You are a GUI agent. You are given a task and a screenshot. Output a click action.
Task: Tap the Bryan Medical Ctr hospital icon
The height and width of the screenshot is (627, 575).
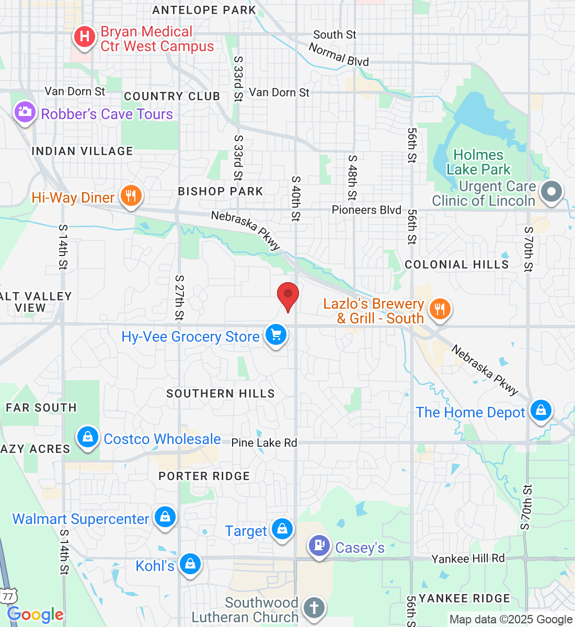84,37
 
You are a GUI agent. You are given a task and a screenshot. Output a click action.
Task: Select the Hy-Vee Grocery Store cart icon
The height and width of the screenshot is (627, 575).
276,334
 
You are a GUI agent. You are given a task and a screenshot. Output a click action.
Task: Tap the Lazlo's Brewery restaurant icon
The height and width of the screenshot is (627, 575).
440,308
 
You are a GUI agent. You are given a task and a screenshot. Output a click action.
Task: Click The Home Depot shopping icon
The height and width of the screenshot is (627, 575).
540,410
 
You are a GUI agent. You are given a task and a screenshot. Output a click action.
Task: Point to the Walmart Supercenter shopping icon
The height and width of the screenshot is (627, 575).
165,517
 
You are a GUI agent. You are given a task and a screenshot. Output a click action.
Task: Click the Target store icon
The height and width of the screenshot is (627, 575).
282,529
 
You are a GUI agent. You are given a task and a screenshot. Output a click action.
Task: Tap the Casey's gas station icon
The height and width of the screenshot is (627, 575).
319,546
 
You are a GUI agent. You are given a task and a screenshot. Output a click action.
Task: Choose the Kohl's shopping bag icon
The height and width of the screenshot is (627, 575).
190,564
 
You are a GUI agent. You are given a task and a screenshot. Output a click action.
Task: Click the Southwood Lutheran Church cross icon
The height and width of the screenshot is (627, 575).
314,608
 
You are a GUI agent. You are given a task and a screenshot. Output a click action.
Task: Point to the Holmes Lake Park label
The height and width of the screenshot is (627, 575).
478,162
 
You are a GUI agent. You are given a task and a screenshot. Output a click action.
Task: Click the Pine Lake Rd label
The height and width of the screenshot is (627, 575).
264,443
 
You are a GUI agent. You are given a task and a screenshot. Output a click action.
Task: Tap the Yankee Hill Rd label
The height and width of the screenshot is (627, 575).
468,559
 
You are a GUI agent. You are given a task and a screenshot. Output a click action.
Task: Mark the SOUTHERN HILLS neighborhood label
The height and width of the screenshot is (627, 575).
220,393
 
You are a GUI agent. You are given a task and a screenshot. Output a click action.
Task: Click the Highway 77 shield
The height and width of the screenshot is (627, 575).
8,596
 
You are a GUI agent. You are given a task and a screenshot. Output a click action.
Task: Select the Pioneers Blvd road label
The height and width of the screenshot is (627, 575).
366,210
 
